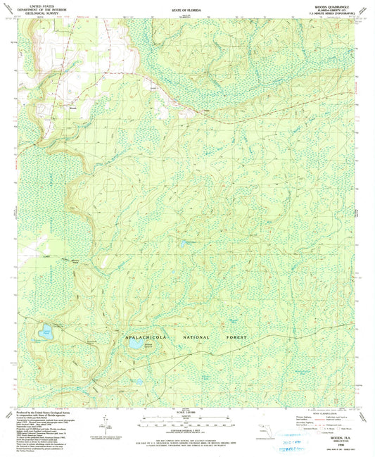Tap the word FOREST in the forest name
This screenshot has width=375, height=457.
pos(238,339)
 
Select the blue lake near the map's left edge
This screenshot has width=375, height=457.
pos(46,330)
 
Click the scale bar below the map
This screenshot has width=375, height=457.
pos(186,423)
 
